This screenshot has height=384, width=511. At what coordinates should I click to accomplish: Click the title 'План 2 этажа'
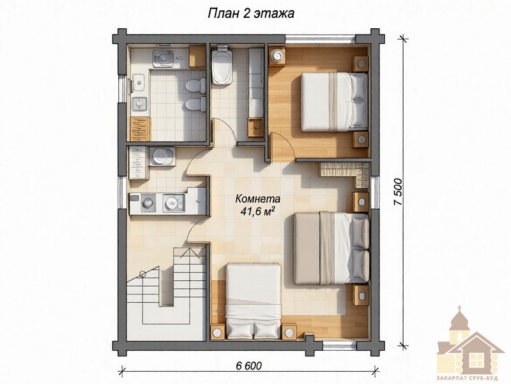(251, 13)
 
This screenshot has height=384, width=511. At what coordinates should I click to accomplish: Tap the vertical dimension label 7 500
(399, 193)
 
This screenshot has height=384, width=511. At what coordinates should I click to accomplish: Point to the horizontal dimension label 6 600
(248, 365)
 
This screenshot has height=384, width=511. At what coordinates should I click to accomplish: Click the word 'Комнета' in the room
(257, 199)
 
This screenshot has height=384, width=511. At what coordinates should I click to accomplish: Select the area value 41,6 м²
(257, 211)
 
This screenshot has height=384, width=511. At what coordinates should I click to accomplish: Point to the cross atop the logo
(460, 308)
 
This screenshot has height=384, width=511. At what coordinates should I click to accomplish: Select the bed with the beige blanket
(332, 248)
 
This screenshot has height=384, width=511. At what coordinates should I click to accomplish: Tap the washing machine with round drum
(162, 156)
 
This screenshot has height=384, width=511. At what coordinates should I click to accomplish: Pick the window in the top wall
(321, 40)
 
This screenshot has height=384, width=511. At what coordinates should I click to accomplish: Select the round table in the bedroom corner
(277, 56)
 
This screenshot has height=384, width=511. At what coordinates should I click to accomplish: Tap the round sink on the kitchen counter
(171, 202)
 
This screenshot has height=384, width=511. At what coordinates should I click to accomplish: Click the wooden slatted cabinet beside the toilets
(140, 129)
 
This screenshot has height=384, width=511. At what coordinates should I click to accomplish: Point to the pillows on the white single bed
(253, 330)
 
